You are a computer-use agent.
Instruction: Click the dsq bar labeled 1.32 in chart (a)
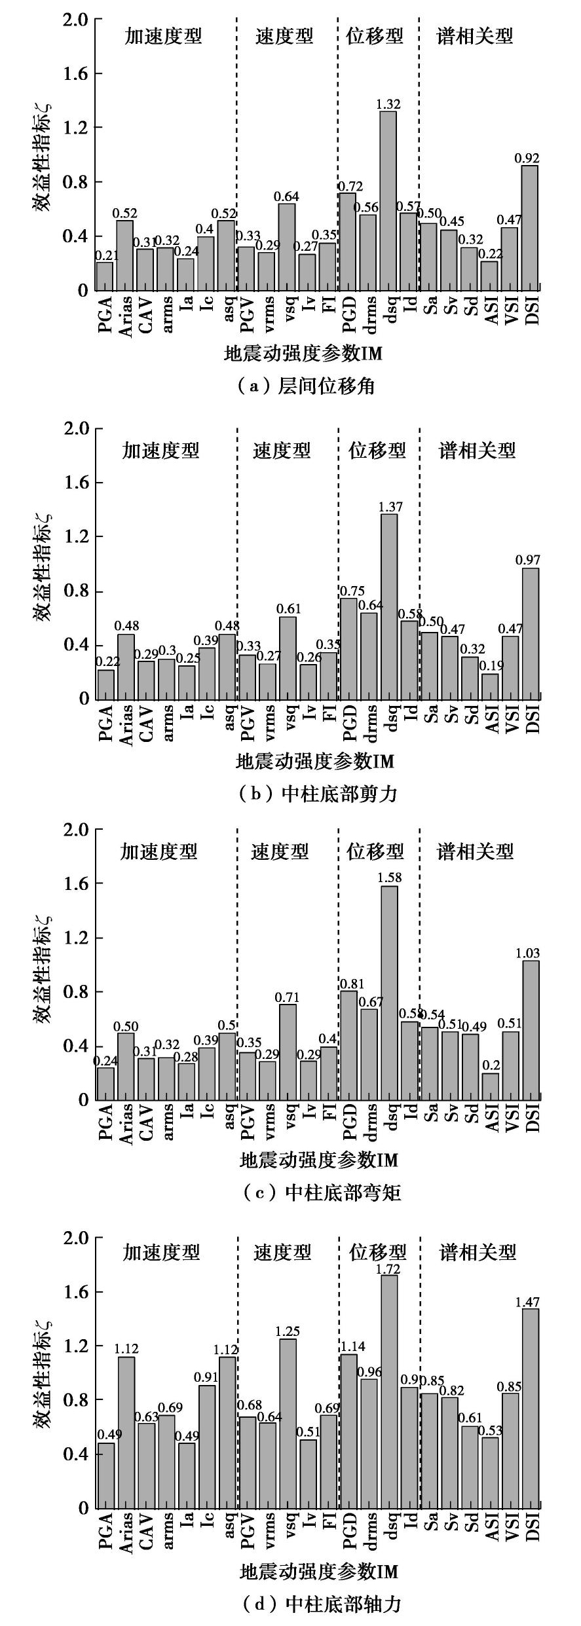(388, 200)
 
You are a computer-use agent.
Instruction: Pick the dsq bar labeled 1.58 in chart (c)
(390, 993)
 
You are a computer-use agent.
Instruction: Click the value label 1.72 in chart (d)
(388, 1269)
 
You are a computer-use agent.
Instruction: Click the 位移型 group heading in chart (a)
(375, 36)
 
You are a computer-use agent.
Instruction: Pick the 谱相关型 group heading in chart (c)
(476, 851)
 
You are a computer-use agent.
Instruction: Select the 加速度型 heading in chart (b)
(160, 451)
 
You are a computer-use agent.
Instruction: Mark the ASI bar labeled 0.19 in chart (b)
(491, 686)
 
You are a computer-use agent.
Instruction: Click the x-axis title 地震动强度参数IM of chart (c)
(319, 1160)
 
